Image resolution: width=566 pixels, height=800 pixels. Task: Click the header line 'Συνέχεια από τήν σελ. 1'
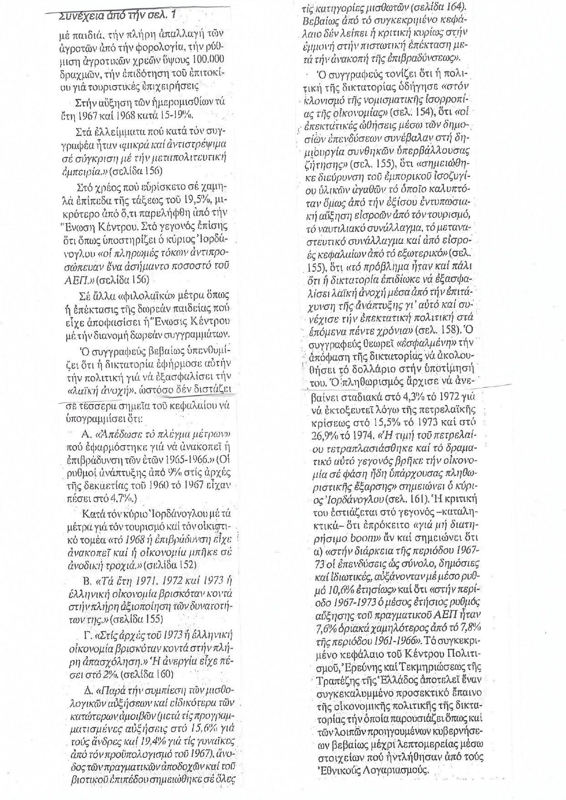coord(117,17)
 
